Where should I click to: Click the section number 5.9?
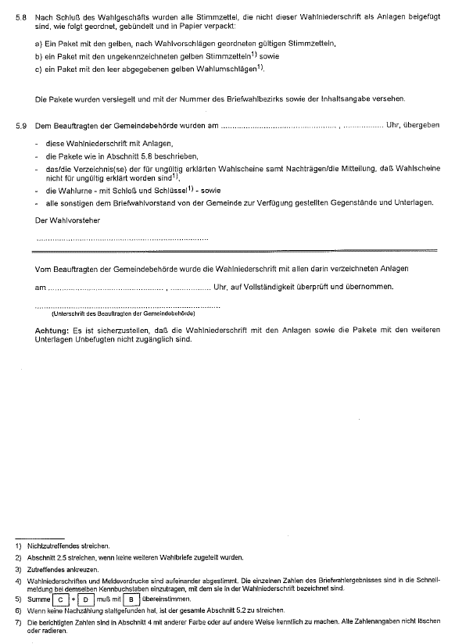(21, 125)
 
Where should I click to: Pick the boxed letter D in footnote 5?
(85, 599)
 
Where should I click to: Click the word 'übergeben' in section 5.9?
(423, 125)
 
